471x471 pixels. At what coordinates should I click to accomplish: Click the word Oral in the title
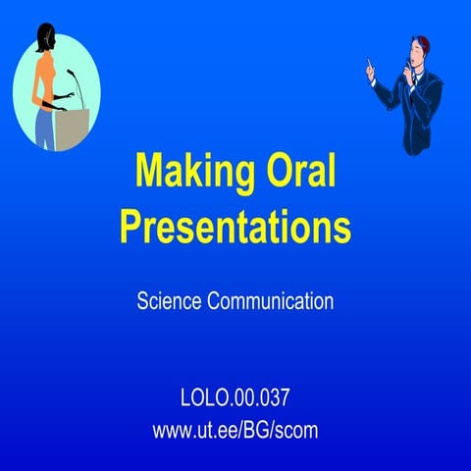[x=301, y=173]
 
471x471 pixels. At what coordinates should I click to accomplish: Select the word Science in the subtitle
[x=169, y=301]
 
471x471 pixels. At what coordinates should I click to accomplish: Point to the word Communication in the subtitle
[x=270, y=301]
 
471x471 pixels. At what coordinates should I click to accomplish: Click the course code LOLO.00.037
[x=235, y=399]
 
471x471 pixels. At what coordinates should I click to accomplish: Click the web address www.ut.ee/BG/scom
[x=235, y=430]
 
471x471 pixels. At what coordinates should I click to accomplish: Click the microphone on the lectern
[x=75, y=76]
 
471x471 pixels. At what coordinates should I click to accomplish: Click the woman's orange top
[x=44, y=86]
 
